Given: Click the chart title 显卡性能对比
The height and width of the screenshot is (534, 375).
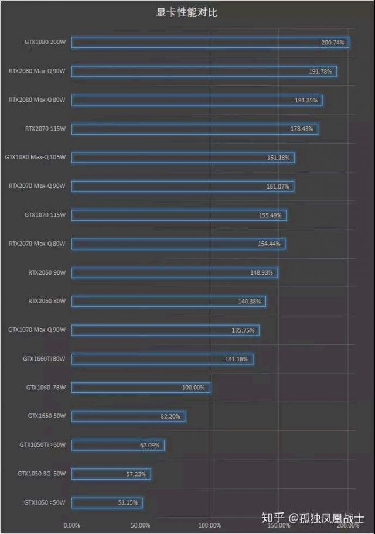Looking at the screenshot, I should [187, 12].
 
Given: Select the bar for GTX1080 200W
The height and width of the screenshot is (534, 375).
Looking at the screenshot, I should [210, 43].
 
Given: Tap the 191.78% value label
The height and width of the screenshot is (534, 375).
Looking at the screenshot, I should [321, 71].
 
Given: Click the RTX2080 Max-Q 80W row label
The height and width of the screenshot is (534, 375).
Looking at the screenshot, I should [36, 100].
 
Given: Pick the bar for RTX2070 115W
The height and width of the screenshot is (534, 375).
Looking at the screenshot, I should [195, 129].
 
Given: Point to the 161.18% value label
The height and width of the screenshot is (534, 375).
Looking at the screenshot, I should [278, 158].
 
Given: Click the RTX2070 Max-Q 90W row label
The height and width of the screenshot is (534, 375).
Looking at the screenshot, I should [36, 186].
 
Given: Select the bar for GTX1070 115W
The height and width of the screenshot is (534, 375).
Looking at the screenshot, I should [179, 215].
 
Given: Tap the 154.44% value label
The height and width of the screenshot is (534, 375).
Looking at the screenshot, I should [270, 244].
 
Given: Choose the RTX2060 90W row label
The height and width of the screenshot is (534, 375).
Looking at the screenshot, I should [47, 272].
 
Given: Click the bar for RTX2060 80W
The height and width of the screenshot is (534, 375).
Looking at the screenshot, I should [169, 301].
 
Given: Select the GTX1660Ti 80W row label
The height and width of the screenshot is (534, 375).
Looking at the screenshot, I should [44, 359].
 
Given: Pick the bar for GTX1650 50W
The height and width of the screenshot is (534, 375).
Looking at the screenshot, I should [128, 416].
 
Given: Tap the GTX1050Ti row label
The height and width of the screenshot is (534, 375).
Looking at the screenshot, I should [42, 445].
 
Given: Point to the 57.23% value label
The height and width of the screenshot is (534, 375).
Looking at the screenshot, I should [138, 474].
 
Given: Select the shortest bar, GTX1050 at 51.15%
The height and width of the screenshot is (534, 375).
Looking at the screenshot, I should [107, 502].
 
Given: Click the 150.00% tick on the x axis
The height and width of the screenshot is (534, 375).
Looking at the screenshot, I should [279, 525].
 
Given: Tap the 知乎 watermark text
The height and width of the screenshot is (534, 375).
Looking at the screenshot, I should [272, 517].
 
